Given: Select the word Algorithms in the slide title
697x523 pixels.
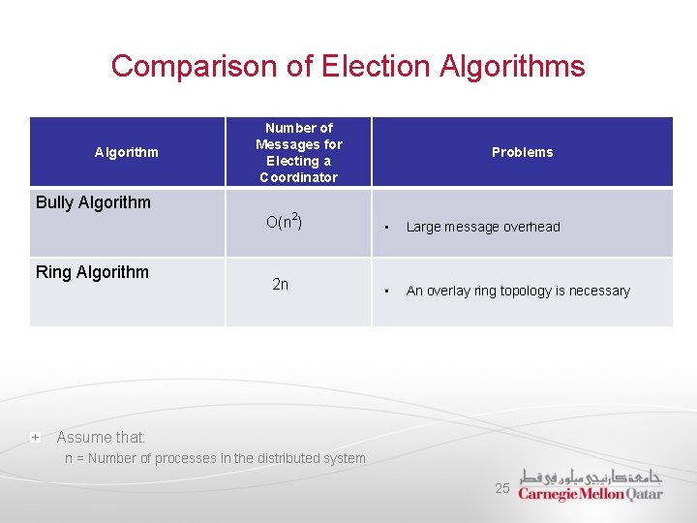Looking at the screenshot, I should coord(512,66).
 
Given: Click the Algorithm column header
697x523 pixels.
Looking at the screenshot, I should coord(127,152).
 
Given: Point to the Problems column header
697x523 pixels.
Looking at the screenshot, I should coord(522,152).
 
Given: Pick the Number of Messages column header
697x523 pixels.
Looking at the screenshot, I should coord(298,152).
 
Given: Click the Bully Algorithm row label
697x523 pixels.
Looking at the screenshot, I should coord(93,202).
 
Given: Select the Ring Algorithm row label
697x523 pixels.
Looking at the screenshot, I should coord(92,272).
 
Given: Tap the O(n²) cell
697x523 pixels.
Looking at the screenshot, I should coord(284,222).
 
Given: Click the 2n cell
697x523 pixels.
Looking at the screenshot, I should coord(280,285).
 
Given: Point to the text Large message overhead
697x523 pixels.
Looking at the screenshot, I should coord(483,227).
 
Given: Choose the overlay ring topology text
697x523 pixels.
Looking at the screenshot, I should coord(518,291).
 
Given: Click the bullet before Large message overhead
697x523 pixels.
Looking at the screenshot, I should coord(386,228).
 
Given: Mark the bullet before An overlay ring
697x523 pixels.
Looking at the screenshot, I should coord(386,292).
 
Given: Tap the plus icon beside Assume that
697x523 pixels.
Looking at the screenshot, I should coord(35,438).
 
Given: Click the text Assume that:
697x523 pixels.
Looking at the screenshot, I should coord(101,438).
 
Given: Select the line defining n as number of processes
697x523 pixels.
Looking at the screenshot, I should coord(215,458).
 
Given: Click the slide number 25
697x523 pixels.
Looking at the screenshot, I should coord(501,488).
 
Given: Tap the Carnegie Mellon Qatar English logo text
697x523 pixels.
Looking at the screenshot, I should coord(591,493).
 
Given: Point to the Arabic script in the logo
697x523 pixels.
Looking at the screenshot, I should coord(591,476).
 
